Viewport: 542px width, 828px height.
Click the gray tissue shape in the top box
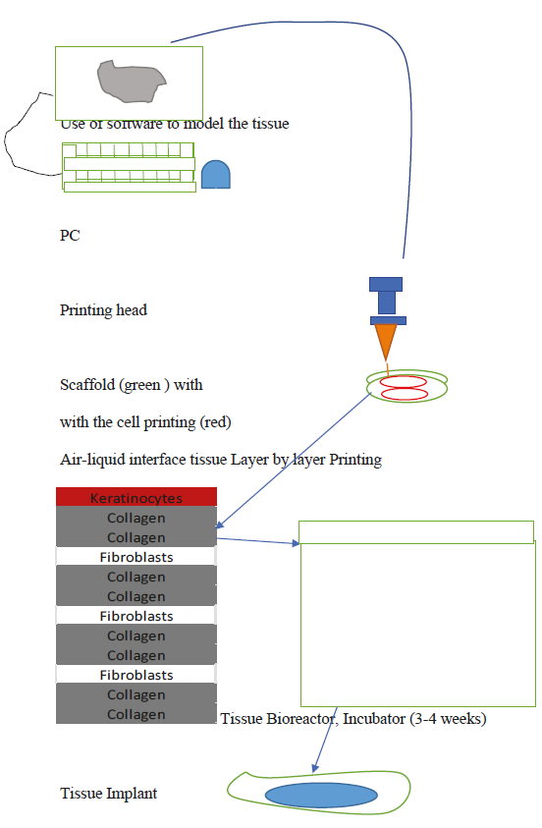pos(131,82)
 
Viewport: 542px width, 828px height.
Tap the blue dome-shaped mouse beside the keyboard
pos(216,174)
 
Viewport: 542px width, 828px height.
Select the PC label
pos(70,236)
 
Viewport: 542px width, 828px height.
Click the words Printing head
pos(103,310)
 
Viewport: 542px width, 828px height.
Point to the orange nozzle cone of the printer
pos(386,341)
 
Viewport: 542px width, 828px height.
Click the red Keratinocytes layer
pos(136,497)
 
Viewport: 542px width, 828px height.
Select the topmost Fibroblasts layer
pos(136,557)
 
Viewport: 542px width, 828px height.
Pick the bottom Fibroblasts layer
pos(136,675)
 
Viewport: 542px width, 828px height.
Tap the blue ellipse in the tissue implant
pos(321,795)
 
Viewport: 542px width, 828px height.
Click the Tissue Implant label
pos(109,794)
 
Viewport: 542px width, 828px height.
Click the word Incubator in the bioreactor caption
pos(374,719)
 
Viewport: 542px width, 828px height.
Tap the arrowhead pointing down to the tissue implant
pos(315,768)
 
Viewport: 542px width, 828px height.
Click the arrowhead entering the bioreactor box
pos(296,543)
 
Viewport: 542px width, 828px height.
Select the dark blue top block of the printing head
pos(386,284)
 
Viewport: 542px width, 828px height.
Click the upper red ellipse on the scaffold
pos(404,381)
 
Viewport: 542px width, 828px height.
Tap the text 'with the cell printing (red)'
pos(145,422)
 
